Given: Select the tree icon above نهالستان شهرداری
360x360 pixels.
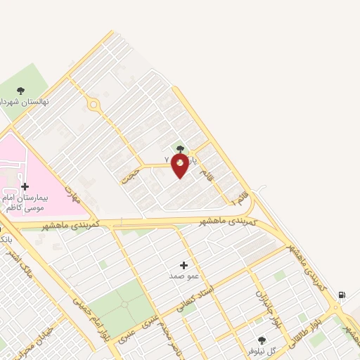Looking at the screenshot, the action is tap(20, 90).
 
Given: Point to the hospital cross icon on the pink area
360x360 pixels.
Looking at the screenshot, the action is tap(25, 186).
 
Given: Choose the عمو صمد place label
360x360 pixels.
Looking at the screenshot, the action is tap(184, 276).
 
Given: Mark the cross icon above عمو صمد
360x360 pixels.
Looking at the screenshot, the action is tap(184, 265).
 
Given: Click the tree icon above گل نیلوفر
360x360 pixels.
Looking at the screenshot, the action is tap(262, 340).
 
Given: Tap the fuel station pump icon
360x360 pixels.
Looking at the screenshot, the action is tap(341, 295).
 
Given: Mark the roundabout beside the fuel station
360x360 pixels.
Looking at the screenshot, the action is tap(337, 307).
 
